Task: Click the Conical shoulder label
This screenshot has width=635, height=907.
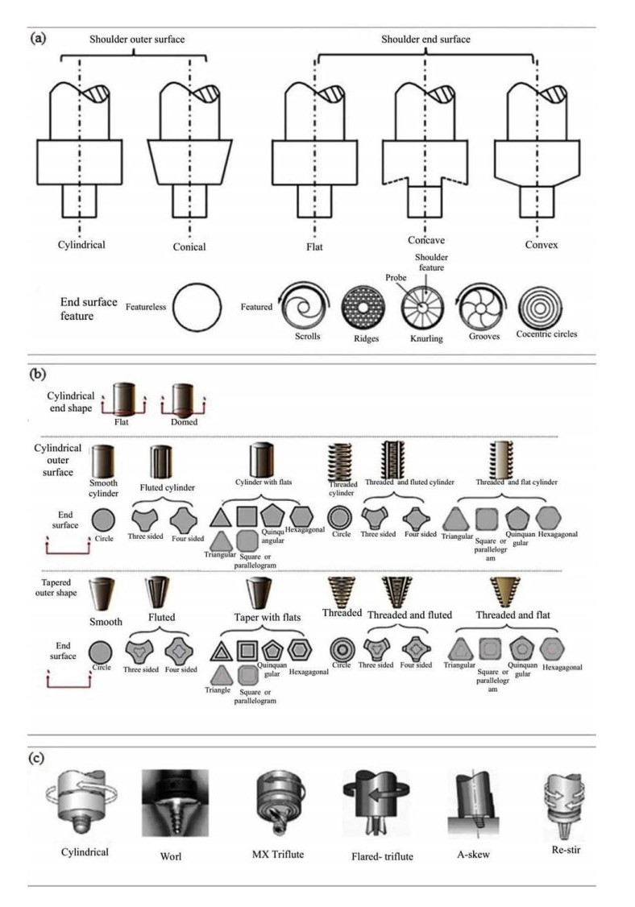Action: coord(189,246)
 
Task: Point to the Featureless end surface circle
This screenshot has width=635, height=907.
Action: coord(197,307)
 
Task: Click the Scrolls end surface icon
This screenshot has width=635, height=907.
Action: coord(305,307)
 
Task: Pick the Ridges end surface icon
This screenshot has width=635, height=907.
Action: coord(363,309)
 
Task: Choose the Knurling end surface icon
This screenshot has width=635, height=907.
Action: coord(423,309)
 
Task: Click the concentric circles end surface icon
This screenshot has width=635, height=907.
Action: coord(540,309)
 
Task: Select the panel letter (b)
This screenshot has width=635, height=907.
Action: coord(38,374)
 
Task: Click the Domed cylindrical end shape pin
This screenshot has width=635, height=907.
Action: coord(183,400)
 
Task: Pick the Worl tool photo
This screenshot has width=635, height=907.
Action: coord(175,803)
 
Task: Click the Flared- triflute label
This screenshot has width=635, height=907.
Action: coord(382,857)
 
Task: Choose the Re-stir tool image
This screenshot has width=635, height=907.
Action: coord(562,804)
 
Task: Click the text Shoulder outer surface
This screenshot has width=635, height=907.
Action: coord(137,39)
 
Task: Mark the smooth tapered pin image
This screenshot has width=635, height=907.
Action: coord(104,594)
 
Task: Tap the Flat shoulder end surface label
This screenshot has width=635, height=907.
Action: coord(314,247)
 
